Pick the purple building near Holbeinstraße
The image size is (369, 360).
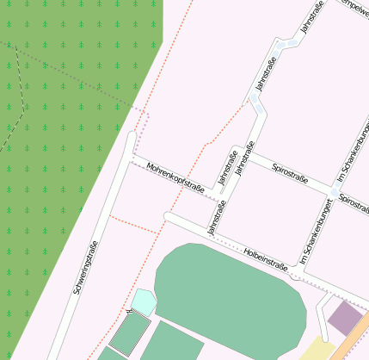tap(347, 317)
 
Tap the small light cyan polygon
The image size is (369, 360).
tap(144, 301)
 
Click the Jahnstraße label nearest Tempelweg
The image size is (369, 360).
tap(309, 19)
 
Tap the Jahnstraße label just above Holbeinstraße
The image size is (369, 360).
tap(215, 219)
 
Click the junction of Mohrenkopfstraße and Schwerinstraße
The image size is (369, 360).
tap(130, 159)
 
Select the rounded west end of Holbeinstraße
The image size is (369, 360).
tap(169, 217)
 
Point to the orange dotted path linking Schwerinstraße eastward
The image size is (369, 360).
tap(133, 225)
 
